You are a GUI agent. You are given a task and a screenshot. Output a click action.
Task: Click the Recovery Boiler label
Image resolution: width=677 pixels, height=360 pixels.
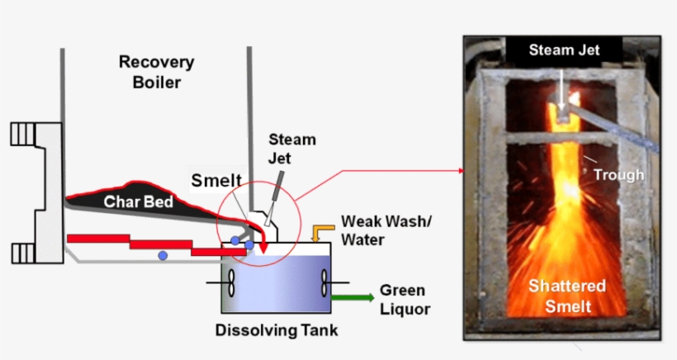pos(156,72)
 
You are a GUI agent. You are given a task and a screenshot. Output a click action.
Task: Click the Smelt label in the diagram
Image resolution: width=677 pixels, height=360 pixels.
pos(215,180)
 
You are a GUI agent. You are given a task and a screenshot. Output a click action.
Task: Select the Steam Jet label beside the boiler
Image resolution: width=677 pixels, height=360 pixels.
pos(292,148)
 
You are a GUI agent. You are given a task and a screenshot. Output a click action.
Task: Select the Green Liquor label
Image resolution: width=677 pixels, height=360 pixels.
pos(403,300)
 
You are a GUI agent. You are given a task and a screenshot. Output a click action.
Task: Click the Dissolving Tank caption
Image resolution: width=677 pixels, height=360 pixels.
pos(277,331)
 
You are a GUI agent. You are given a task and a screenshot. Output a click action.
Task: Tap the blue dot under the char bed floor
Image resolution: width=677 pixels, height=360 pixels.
pos(163,254)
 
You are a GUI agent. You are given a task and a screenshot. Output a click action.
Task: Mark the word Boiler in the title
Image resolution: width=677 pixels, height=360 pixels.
pos(156,83)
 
